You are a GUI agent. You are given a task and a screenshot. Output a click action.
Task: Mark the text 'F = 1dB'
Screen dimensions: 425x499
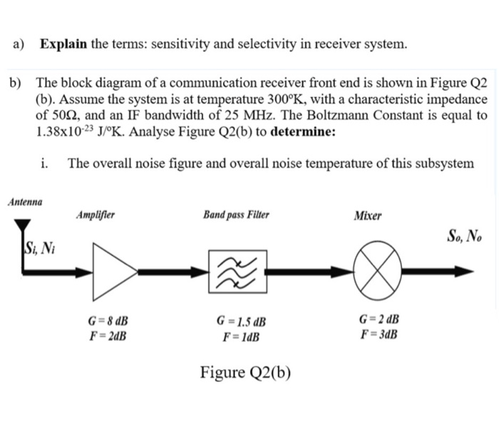coord(242,336)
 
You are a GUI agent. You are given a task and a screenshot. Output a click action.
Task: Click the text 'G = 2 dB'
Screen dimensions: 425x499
coord(378,319)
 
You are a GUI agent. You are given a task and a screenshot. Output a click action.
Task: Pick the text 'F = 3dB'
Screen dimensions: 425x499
coord(379,333)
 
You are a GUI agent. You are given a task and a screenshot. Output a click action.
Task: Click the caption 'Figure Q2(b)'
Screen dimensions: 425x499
coord(245,372)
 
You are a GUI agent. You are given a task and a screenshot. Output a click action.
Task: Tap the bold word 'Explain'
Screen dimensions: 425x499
coord(63,44)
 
